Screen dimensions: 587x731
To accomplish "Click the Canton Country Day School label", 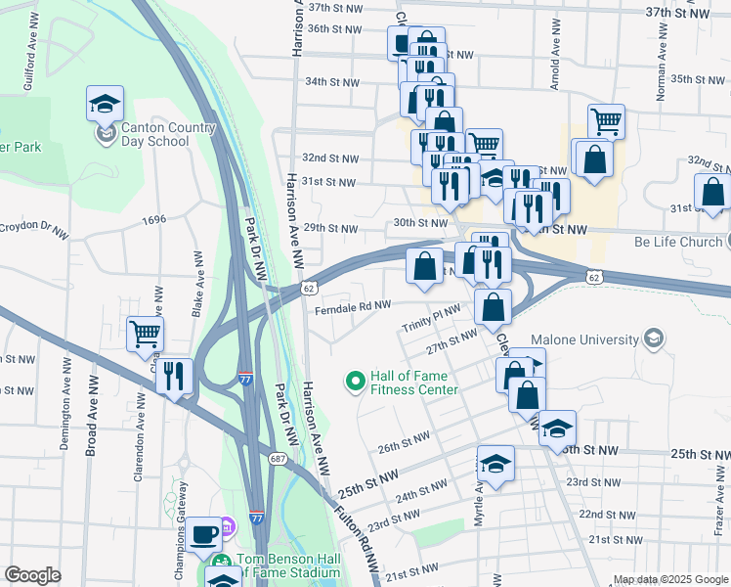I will tap(154, 134).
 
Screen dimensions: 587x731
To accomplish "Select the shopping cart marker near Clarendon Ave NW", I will tap(146, 334).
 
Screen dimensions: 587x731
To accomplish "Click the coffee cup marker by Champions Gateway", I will tap(204, 534).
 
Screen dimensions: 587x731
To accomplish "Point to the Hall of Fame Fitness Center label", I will tap(411, 383).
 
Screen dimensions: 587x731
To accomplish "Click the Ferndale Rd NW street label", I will tap(353, 309).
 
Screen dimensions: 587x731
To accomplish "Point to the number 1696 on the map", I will tap(153, 221).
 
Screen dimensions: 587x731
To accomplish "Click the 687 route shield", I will tap(279, 459).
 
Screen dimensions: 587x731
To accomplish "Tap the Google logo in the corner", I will tap(32, 575).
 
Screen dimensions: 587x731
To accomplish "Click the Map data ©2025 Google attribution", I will tap(670, 580).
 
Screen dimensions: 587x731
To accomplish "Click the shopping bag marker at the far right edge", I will tap(712, 193).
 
